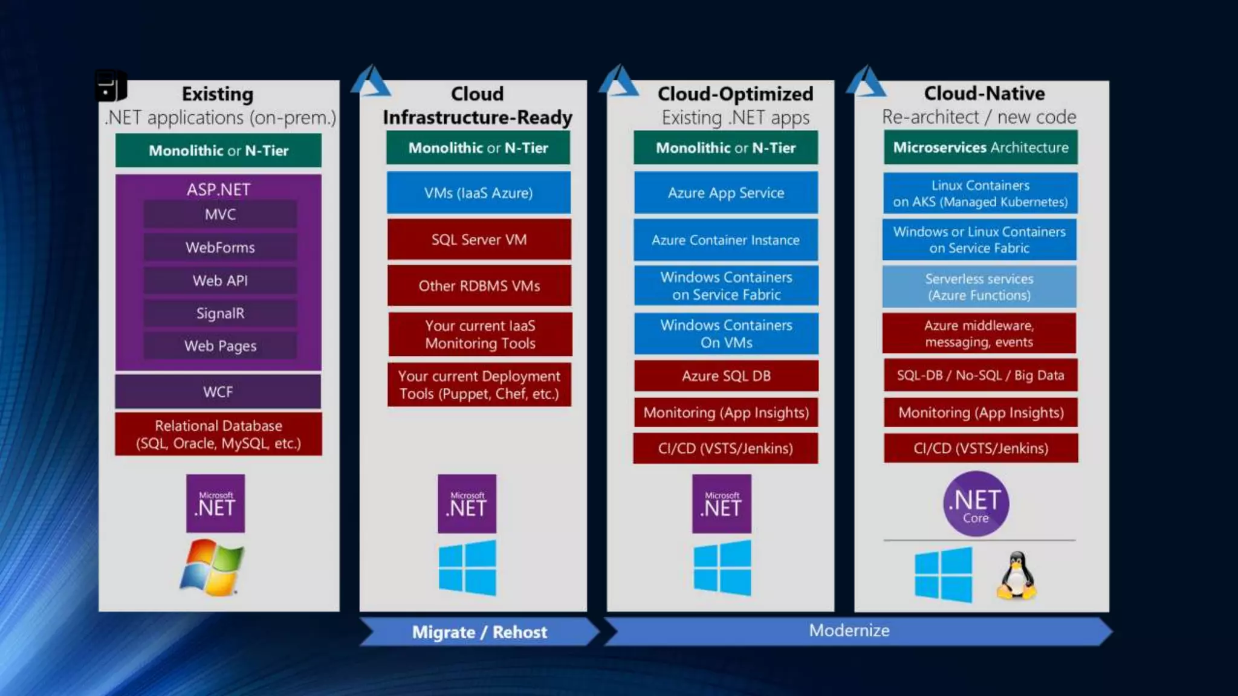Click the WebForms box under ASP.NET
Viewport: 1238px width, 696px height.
[x=220, y=247]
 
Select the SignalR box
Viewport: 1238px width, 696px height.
[x=220, y=313]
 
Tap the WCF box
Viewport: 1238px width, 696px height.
[x=218, y=391]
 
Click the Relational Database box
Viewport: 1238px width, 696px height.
[x=218, y=434]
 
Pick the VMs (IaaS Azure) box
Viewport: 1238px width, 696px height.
[x=478, y=193]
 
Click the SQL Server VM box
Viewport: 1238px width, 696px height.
[x=479, y=239]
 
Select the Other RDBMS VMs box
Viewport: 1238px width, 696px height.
[x=479, y=286]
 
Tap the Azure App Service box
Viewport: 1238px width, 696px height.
[x=726, y=193]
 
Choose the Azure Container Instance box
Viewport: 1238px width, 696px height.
[x=725, y=240]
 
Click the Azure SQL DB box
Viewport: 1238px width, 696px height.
[x=726, y=376]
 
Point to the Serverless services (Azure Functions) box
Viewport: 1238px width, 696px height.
[x=979, y=287]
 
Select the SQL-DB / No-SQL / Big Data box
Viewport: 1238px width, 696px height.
[x=980, y=375]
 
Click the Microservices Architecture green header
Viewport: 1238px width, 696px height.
[x=980, y=147]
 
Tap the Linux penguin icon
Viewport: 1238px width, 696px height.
[x=1017, y=576]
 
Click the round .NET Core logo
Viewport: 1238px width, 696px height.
[x=976, y=504]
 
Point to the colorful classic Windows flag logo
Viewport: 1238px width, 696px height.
[x=212, y=567]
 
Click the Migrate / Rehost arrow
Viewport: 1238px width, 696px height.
[x=479, y=632]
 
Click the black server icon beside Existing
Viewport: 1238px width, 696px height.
[x=111, y=86]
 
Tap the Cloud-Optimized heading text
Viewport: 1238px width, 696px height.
[x=735, y=94]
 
